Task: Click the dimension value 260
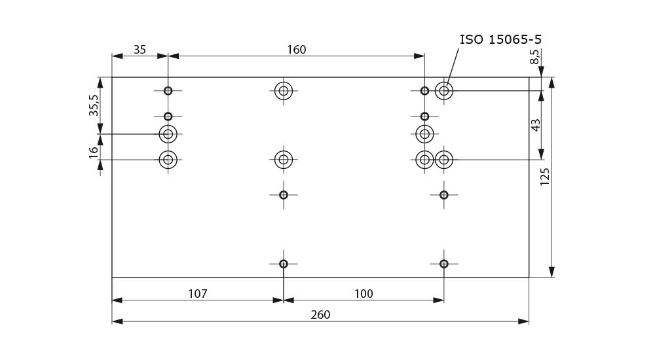tap(320, 315)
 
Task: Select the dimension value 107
tap(197, 294)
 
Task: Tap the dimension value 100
tap(364, 294)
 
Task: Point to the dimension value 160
tap(296, 50)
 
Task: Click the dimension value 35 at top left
tap(140, 50)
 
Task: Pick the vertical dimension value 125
tap(545, 177)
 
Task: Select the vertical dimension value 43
tap(536, 124)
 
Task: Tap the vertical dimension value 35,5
tap(94, 105)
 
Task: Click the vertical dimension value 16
tap(94, 151)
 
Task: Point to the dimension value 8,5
tap(535, 56)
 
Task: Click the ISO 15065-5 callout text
tap(500, 39)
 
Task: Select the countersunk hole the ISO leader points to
tap(444, 91)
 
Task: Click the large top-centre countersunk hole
tap(284, 91)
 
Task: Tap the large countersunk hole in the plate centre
tap(284, 159)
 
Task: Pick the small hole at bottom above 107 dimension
tap(284, 264)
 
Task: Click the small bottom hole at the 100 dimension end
tap(444, 264)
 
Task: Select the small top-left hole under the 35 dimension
tap(168, 91)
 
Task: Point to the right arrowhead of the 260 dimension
tap(523, 321)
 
